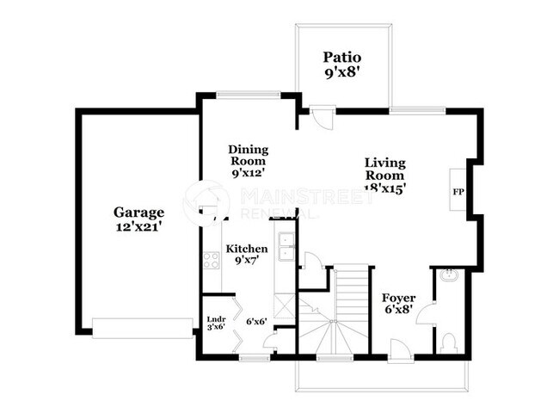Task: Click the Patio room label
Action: (x=341, y=57)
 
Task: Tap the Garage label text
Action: (x=138, y=212)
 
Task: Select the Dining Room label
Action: (x=247, y=155)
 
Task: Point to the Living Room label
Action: (x=384, y=163)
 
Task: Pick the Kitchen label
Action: (x=246, y=250)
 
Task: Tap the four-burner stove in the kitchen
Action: (x=211, y=260)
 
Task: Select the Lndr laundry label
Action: (x=215, y=320)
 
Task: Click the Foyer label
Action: (x=398, y=299)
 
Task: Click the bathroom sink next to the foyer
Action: (x=448, y=276)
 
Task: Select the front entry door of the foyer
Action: (x=399, y=348)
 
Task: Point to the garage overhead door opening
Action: (x=142, y=328)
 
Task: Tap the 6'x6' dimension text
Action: (x=256, y=321)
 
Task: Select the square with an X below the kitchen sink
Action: (x=283, y=304)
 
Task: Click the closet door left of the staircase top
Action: (x=314, y=262)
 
